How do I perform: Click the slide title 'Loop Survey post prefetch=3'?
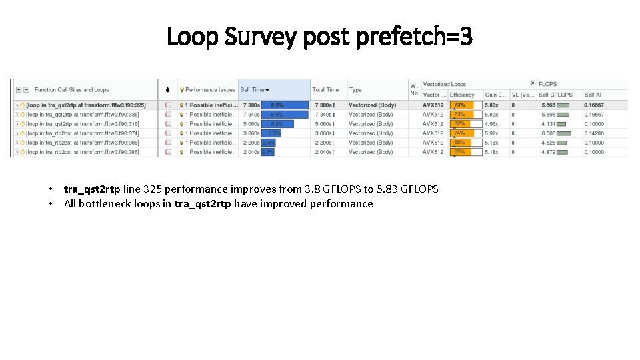coord(319,37)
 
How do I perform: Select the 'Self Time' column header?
coord(253,90)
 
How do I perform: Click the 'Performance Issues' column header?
coord(210,90)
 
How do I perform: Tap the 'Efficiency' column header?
coord(462,95)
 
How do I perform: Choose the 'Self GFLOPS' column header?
coord(556,95)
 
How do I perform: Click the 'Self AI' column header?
coord(593,95)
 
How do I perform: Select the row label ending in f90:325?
coord(85,105)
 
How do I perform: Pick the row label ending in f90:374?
coord(82,133)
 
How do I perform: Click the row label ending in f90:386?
coord(82,152)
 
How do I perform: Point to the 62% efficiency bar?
coord(465,124)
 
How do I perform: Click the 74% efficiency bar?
coord(465,133)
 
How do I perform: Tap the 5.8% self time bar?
coord(277,124)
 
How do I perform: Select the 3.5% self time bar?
coord(272,133)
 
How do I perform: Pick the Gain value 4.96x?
coord(491,124)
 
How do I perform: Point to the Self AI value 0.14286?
coord(594,133)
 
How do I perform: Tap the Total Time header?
coord(325,90)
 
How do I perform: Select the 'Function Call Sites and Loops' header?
coord(71,90)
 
